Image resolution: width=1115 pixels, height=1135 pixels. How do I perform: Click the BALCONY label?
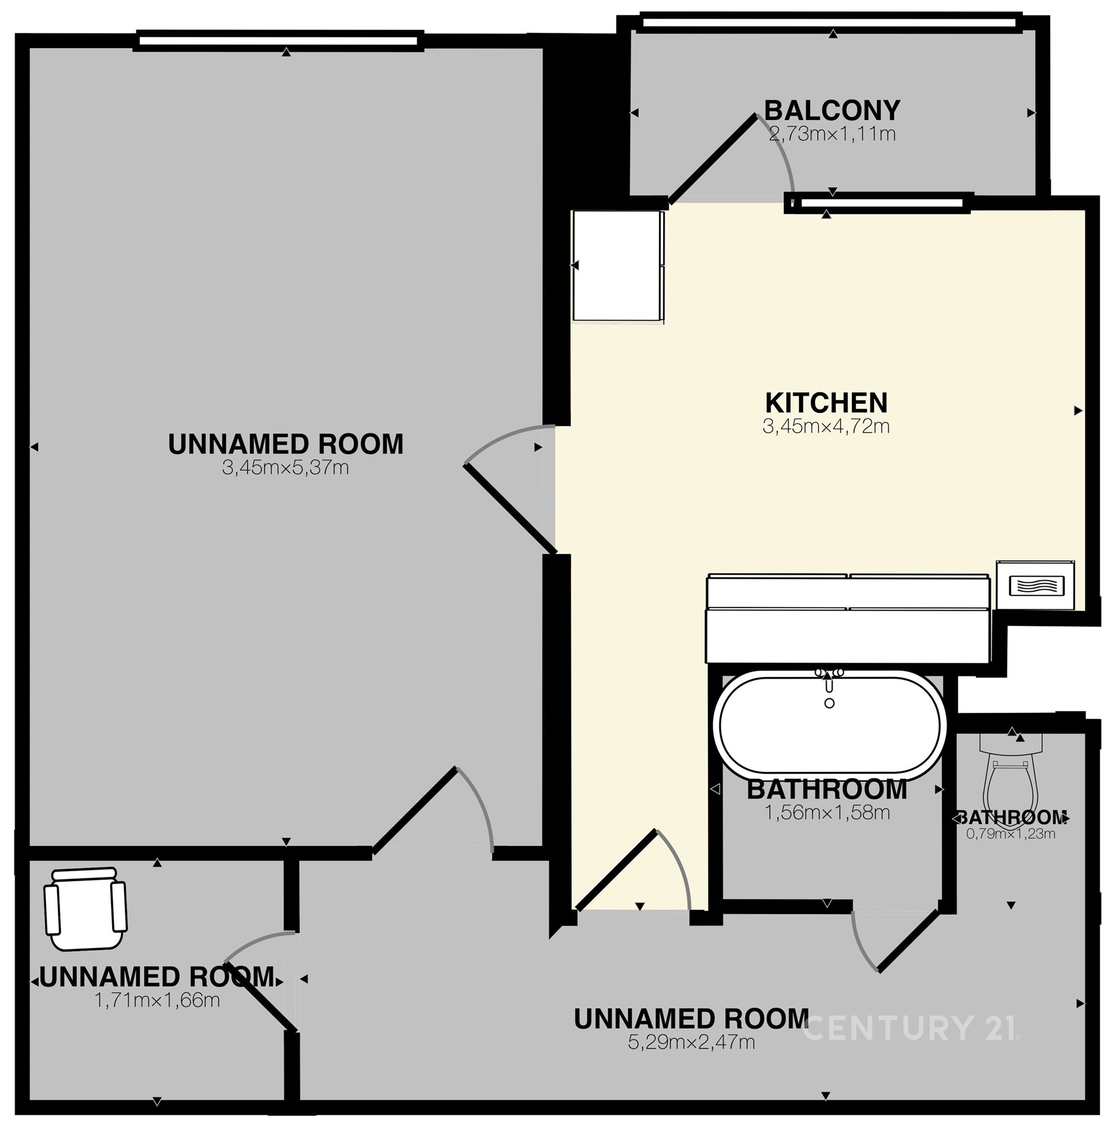point(832,110)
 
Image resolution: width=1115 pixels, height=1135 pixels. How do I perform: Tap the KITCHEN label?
point(826,403)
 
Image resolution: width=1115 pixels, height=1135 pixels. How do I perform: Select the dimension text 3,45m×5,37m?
point(285,468)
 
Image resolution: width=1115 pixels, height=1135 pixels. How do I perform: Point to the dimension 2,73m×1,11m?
point(832,134)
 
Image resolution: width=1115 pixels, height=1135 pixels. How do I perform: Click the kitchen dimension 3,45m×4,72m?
point(826,426)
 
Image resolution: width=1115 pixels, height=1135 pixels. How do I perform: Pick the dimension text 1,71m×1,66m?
point(157,1000)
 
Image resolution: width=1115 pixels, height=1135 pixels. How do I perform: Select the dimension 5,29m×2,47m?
point(691,1042)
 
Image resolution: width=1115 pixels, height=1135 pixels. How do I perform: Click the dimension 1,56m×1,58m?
point(827,812)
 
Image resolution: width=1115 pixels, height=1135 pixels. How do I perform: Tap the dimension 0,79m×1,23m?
point(1010,834)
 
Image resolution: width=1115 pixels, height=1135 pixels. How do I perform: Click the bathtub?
point(830,723)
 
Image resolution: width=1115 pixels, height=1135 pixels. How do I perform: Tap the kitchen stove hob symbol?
point(1035,585)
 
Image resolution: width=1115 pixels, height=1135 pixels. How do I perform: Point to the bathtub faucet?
point(830,684)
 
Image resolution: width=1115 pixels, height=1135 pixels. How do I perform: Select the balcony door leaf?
point(713,158)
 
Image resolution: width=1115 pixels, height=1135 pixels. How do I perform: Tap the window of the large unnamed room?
point(278,40)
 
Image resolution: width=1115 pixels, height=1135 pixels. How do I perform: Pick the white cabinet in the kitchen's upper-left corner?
point(618,266)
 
